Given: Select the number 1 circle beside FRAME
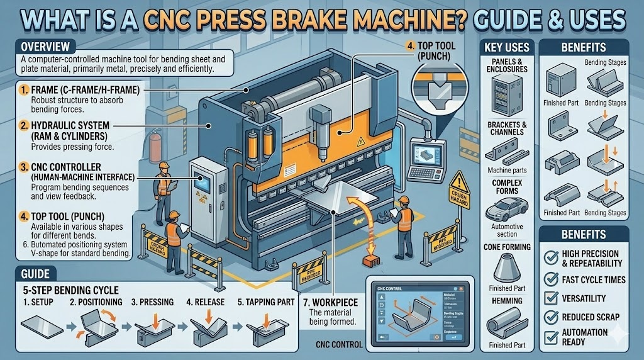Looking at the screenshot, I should tap(23, 91).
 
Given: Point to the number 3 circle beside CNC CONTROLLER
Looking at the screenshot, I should tap(23, 167).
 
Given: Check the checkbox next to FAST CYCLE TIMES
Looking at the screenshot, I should tap(552, 279).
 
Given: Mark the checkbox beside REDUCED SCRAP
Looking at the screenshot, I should tap(552, 317).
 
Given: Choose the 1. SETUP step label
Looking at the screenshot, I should tap(37, 301).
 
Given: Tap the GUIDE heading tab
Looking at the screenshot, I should tap(35, 275).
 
